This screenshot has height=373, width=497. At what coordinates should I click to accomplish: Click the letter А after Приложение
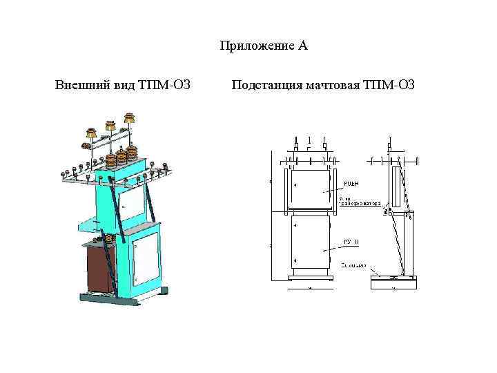pyautogui.click(x=303, y=46)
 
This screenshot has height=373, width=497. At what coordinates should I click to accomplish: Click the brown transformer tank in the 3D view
pyautogui.click(x=98, y=269)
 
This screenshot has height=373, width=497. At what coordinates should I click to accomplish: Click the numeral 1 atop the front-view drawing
pyautogui.click(x=310, y=140)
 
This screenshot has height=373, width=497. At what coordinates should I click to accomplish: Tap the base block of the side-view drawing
pyautogui.click(x=393, y=283)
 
